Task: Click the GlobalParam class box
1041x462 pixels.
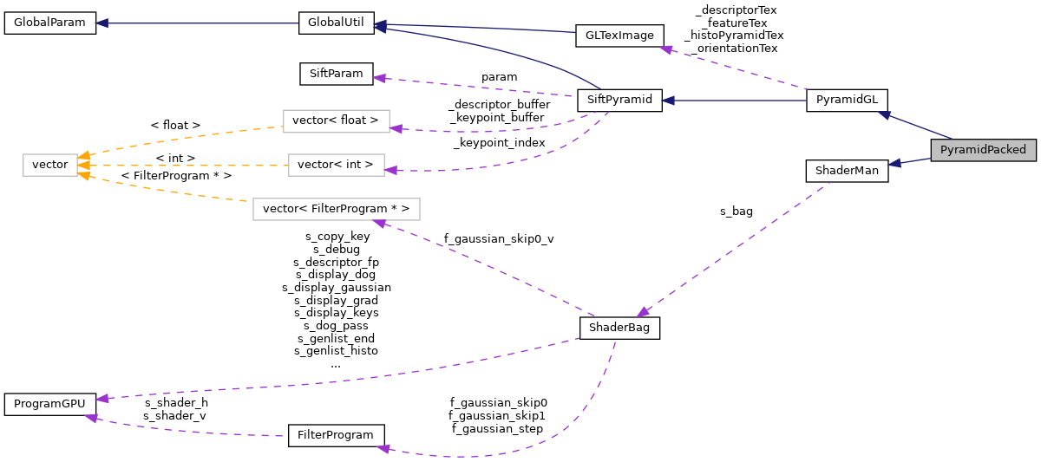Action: (x=49, y=23)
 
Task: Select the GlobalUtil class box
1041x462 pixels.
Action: (x=336, y=23)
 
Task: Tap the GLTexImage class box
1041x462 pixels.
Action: (x=619, y=36)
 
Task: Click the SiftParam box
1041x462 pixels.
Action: (x=336, y=74)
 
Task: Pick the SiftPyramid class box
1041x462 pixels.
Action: (x=619, y=100)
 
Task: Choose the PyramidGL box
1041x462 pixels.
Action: (x=847, y=100)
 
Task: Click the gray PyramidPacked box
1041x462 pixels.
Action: (x=983, y=149)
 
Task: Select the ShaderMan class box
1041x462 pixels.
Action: (x=847, y=171)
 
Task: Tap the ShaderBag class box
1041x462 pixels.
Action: (x=619, y=328)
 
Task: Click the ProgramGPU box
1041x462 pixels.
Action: (x=49, y=404)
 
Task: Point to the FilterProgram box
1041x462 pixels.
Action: (x=336, y=435)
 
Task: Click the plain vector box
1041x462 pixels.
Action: (x=49, y=164)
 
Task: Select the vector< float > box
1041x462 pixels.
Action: (x=336, y=120)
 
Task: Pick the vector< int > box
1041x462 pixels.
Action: (x=336, y=164)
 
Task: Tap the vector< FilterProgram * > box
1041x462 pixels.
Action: (x=336, y=209)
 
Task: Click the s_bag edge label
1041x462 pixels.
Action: (x=737, y=211)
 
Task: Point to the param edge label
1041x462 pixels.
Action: (x=499, y=77)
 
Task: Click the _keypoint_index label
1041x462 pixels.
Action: (x=499, y=142)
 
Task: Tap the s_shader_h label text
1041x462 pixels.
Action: (x=176, y=402)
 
